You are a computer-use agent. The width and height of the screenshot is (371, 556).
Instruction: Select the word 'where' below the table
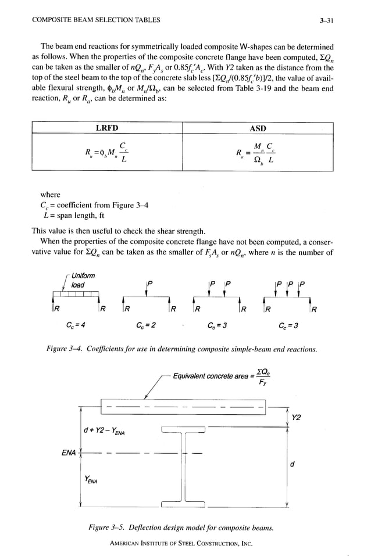(50, 195)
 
